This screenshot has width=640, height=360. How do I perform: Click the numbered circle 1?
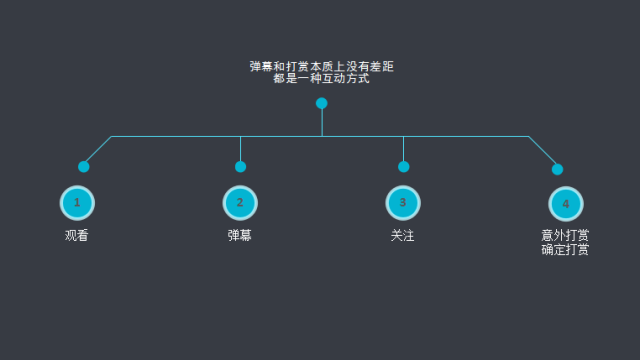tap(77, 203)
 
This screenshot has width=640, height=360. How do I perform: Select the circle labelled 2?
tap(240, 203)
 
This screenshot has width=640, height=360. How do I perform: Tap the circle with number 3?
tap(403, 203)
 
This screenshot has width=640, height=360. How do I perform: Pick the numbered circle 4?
tap(566, 204)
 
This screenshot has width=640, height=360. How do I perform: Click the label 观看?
tap(77, 236)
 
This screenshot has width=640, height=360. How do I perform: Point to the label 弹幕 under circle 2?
tap(240, 236)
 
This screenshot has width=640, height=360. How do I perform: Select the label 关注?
tap(403, 236)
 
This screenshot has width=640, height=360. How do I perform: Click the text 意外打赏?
tap(565, 235)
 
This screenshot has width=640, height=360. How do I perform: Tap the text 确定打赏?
tap(565, 249)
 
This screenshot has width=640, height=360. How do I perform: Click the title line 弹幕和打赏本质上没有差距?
tap(321, 66)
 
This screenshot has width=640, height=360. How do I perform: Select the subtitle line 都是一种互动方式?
tap(321, 78)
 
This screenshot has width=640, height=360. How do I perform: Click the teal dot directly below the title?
tap(321, 103)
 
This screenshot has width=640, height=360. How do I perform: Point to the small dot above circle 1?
tap(84, 167)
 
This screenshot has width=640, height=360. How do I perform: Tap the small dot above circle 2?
tap(240, 167)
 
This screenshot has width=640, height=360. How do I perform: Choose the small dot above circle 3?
tap(403, 167)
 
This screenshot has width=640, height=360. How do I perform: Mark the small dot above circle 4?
tap(557, 169)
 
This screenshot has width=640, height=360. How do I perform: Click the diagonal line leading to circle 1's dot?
tap(98, 150)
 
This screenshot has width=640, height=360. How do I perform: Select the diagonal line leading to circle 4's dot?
tap(543, 152)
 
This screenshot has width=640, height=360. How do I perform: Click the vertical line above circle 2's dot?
tap(240, 148)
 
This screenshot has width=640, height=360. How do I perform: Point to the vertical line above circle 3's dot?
tap(403, 148)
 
